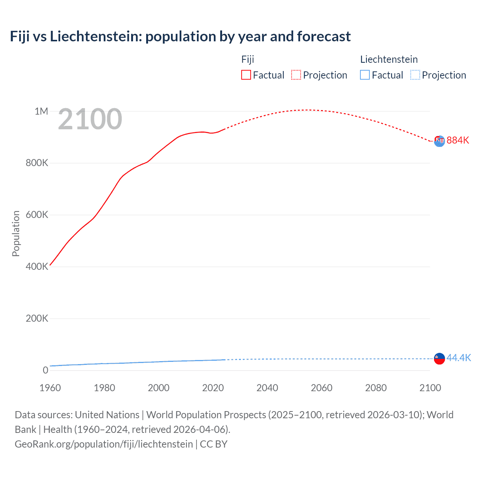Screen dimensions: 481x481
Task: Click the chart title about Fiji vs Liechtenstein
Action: point(180,36)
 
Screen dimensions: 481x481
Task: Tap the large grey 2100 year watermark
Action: point(90,119)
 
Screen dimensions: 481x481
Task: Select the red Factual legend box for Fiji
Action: point(246,75)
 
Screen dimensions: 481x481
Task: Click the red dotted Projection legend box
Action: point(296,75)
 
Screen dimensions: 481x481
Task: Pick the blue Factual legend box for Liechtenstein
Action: point(365,75)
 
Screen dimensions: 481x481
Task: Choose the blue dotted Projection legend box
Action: point(415,75)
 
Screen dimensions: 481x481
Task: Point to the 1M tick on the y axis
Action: point(41,111)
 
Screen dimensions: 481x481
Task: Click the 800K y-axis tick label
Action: point(37,163)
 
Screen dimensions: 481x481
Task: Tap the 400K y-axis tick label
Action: point(37,267)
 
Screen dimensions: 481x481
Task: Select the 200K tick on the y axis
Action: point(37,319)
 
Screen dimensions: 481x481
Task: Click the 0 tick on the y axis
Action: point(45,370)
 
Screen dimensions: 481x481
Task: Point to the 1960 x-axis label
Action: point(50,388)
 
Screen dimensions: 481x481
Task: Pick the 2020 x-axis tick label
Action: point(213,388)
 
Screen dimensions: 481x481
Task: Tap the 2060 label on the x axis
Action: point(321,388)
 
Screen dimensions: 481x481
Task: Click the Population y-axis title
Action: point(16,233)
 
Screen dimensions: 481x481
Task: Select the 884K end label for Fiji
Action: point(458,140)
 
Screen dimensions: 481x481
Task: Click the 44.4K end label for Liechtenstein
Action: point(458,358)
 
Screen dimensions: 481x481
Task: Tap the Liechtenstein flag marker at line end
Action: point(439,358)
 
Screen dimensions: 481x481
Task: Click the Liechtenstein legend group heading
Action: point(389,59)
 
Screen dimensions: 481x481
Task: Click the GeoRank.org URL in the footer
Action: point(104,444)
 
